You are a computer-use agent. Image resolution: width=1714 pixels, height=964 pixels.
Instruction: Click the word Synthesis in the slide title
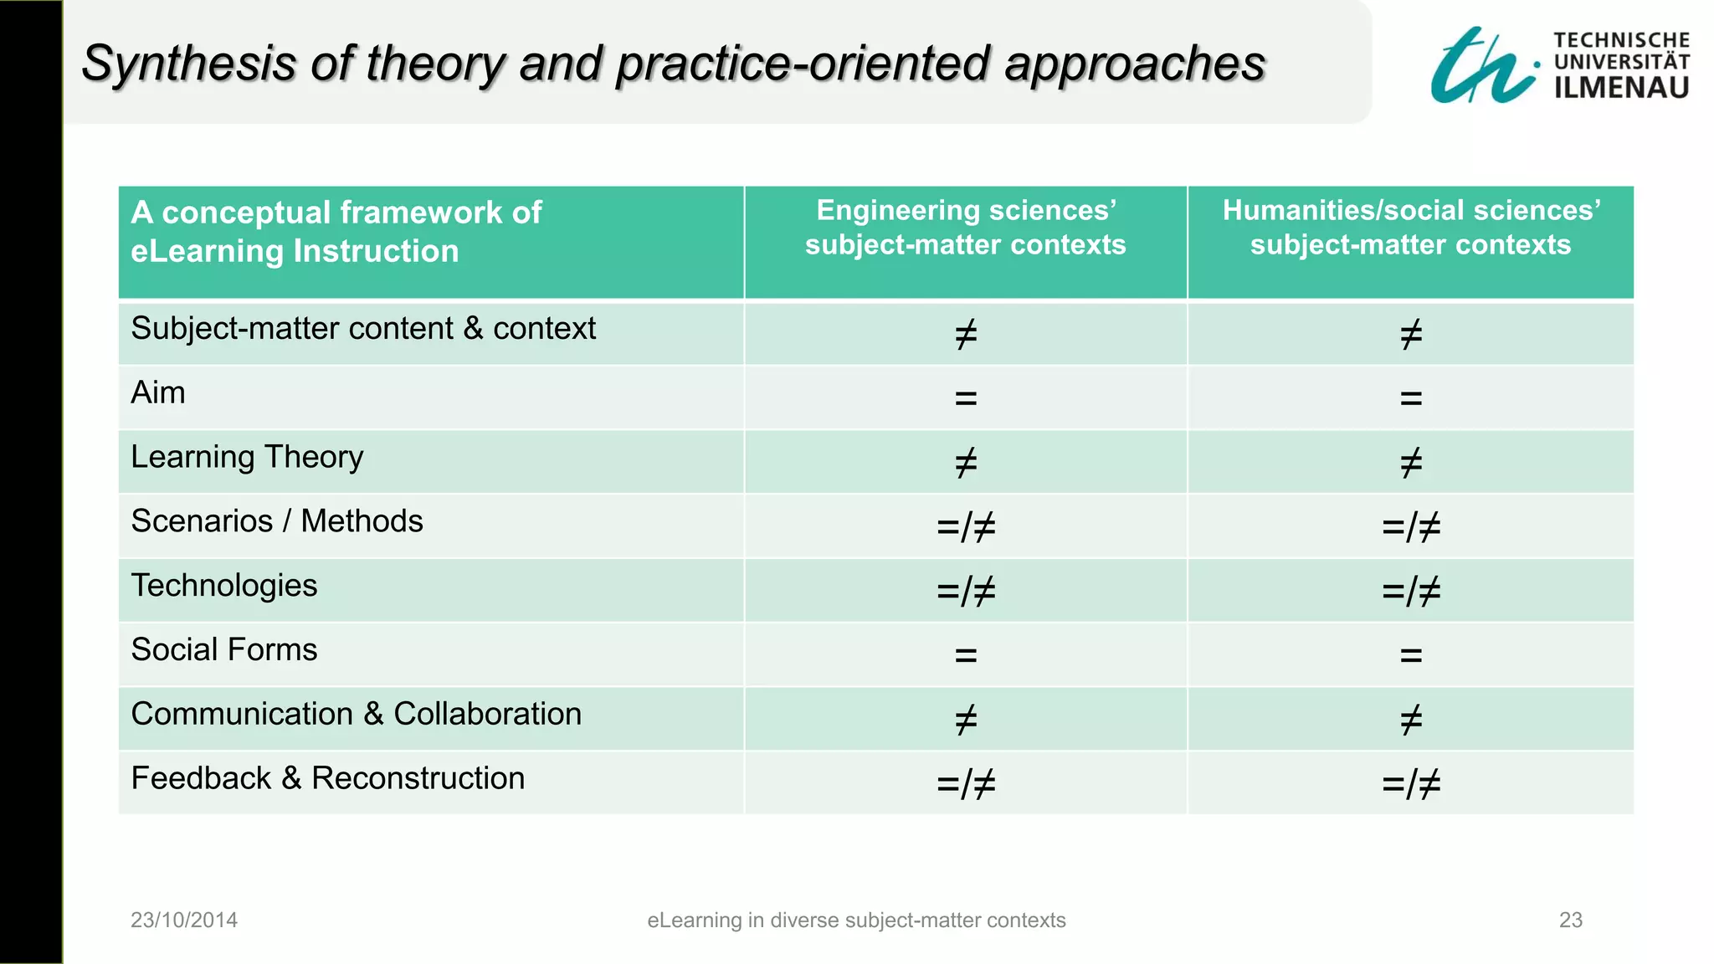pyautogui.click(x=188, y=64)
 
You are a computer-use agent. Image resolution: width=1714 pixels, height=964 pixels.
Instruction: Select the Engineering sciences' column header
pyautogui.click(x=965, y=228)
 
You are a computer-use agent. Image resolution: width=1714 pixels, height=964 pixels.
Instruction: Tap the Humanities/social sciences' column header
pyautogui.click(x=1410, y=228)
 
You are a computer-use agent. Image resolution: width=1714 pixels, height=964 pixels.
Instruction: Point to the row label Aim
pyautogui.click(x=158, y=392)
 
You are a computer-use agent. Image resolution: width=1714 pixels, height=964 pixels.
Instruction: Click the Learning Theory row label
pyautogui.click(x=247, y=457)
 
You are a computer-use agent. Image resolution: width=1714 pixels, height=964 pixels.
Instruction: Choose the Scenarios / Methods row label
pyautogui.click(x=277, y=521)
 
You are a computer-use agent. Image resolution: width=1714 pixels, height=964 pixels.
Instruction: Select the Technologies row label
pyautogui.click(x=224, y=586)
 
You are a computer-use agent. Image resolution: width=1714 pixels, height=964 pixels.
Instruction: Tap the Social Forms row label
pyautogui.click(x=224, y=650)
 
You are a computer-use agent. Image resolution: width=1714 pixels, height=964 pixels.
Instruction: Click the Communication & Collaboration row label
pyautogui.click(x=356, y=714)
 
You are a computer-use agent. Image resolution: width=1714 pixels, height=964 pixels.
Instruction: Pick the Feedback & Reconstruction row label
pyautogui.click(x=327, y=778)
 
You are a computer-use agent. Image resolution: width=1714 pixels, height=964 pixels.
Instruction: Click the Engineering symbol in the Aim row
pyautogui.click(x=966, y=398)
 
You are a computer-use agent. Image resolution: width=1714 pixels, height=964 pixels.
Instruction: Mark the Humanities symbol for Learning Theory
pyautogui.click(x=1411, y=463)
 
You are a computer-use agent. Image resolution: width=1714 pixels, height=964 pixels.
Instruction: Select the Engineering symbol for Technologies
pyautogui.click(x=966, y=592)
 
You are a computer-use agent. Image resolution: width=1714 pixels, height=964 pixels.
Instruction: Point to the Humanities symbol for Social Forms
pyautogui.click(x=1411, y=655)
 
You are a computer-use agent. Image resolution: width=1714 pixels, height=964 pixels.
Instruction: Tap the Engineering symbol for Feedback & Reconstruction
pyautogui.click(x=966, y=784)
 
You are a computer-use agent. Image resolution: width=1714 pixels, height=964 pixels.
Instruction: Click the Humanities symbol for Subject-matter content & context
pyautogui.click(x=1411, y=335)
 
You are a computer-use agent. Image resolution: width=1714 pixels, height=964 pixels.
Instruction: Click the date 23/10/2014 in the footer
pyautogui.click(x=184, y=920)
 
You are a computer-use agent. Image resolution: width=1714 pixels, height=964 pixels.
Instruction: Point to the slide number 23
pyautogui.click(x=1570, y=920)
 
